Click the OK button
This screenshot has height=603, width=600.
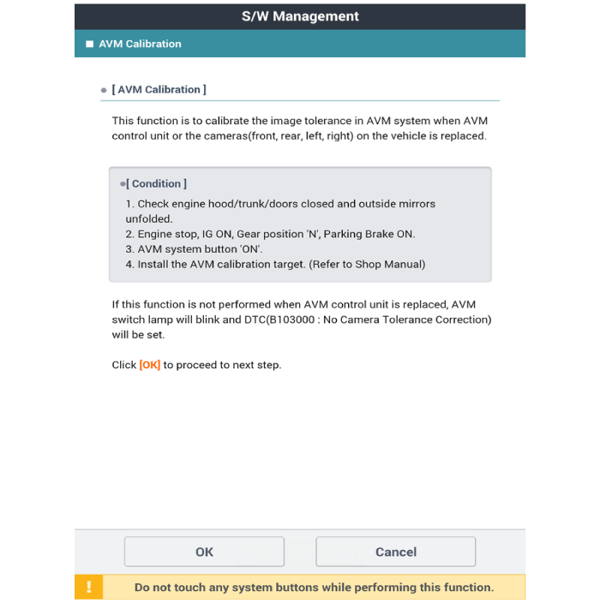(x=204, y=552)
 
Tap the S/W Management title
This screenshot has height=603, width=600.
(x=300, y=16)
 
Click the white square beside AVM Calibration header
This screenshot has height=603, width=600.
(x=89, y=45)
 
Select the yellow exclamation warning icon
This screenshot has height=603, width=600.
(x=89, y=588)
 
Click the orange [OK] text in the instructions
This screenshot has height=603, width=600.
(x=150, y=365)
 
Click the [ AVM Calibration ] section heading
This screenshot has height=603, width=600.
(x=159, y=90)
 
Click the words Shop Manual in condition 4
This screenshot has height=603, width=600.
(x=388, y=265)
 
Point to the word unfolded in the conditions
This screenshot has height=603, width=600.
(x=148, y=219)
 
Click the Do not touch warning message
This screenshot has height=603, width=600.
(x=314, y=588)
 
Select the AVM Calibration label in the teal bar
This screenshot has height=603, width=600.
(x=140, y=45)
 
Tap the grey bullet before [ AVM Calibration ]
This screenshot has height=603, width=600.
(x=104, y=90)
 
